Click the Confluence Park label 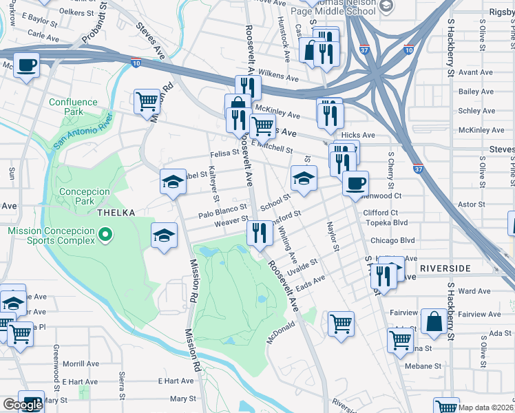coord(74,107)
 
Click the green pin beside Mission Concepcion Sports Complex coord(105,236)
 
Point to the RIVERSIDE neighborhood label coord(445,268)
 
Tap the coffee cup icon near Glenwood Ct coord(355,183)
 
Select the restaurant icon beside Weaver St coord(260,233)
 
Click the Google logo coord(23,405)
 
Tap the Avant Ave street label coord(476,72)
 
